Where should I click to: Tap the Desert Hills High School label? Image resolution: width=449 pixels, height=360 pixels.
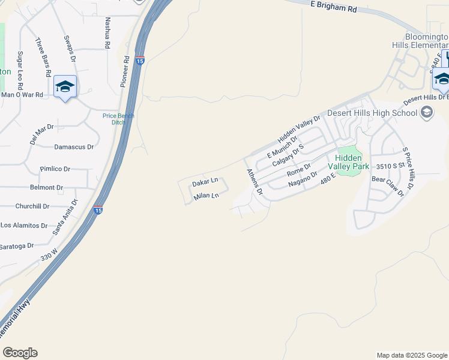(372, 113)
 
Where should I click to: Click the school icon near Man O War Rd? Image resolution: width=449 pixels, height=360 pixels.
(65, 87)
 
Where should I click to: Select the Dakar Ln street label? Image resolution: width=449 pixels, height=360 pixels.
(205, 182)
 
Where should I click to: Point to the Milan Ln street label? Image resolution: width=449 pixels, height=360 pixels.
(205, 196)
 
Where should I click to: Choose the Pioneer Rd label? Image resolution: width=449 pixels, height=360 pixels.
(125, 72)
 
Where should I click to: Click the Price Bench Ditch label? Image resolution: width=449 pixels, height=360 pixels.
(118, 119)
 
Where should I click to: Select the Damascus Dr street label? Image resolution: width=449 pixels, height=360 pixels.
(74, 146)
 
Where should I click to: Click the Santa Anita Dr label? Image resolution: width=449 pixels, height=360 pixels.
(65, 218)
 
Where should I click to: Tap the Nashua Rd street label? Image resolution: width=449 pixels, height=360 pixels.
(107, 34)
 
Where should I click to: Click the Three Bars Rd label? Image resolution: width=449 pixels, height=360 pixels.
(43, 58)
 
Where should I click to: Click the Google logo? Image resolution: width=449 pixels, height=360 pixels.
(20, 353)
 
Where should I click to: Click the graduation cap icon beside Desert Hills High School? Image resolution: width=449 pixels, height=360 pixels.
(427, 112)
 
